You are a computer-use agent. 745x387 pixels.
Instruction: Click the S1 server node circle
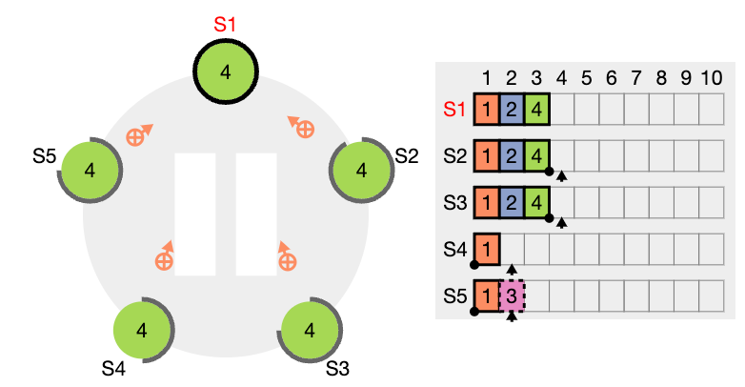pyautogui.click(x=226, y=71)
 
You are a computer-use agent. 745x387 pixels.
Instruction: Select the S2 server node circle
pyautogui.click(x=362, y=171)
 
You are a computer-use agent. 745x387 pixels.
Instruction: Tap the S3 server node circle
pyautogui.click(x=310, y=330)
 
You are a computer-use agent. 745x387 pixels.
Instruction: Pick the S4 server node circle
pyautogui.click(x=142, y=330)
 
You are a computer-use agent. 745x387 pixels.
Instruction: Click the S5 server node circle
pyautogui.click(x=90, y=171)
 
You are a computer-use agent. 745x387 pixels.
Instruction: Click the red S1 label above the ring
pyautogui.click(x=225, y=24)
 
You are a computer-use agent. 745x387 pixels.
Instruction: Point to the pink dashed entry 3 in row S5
pyautogui.click(x=512, y=295)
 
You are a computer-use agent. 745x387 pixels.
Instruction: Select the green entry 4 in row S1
pyautogui.click(x=537, y=110)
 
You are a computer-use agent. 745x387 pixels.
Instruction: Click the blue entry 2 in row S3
pyautogui.click(x=512, y=202)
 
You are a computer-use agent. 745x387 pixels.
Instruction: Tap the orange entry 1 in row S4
pyautogui.click(x=487, y=249)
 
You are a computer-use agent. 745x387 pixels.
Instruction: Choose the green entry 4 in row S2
pyautogui.click(x=537, y=156)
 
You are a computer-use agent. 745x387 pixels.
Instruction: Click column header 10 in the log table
pyautogui.click(x=712, y=78)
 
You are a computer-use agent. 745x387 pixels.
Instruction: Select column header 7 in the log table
pyautogui.click(x=636, y=78)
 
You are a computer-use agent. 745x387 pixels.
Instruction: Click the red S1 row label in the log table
pyautogui.click(x=454, y=110)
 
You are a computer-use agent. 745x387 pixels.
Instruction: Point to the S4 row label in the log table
pyautogui.click(x=455, y=249)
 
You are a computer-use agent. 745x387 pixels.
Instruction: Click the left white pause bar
pyautogui.click(x=195, y=214)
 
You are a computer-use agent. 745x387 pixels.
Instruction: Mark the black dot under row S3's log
pyautogui.click(x=550, y=218)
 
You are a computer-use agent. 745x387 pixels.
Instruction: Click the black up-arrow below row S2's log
pyautogui.click(x=562, y=176)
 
